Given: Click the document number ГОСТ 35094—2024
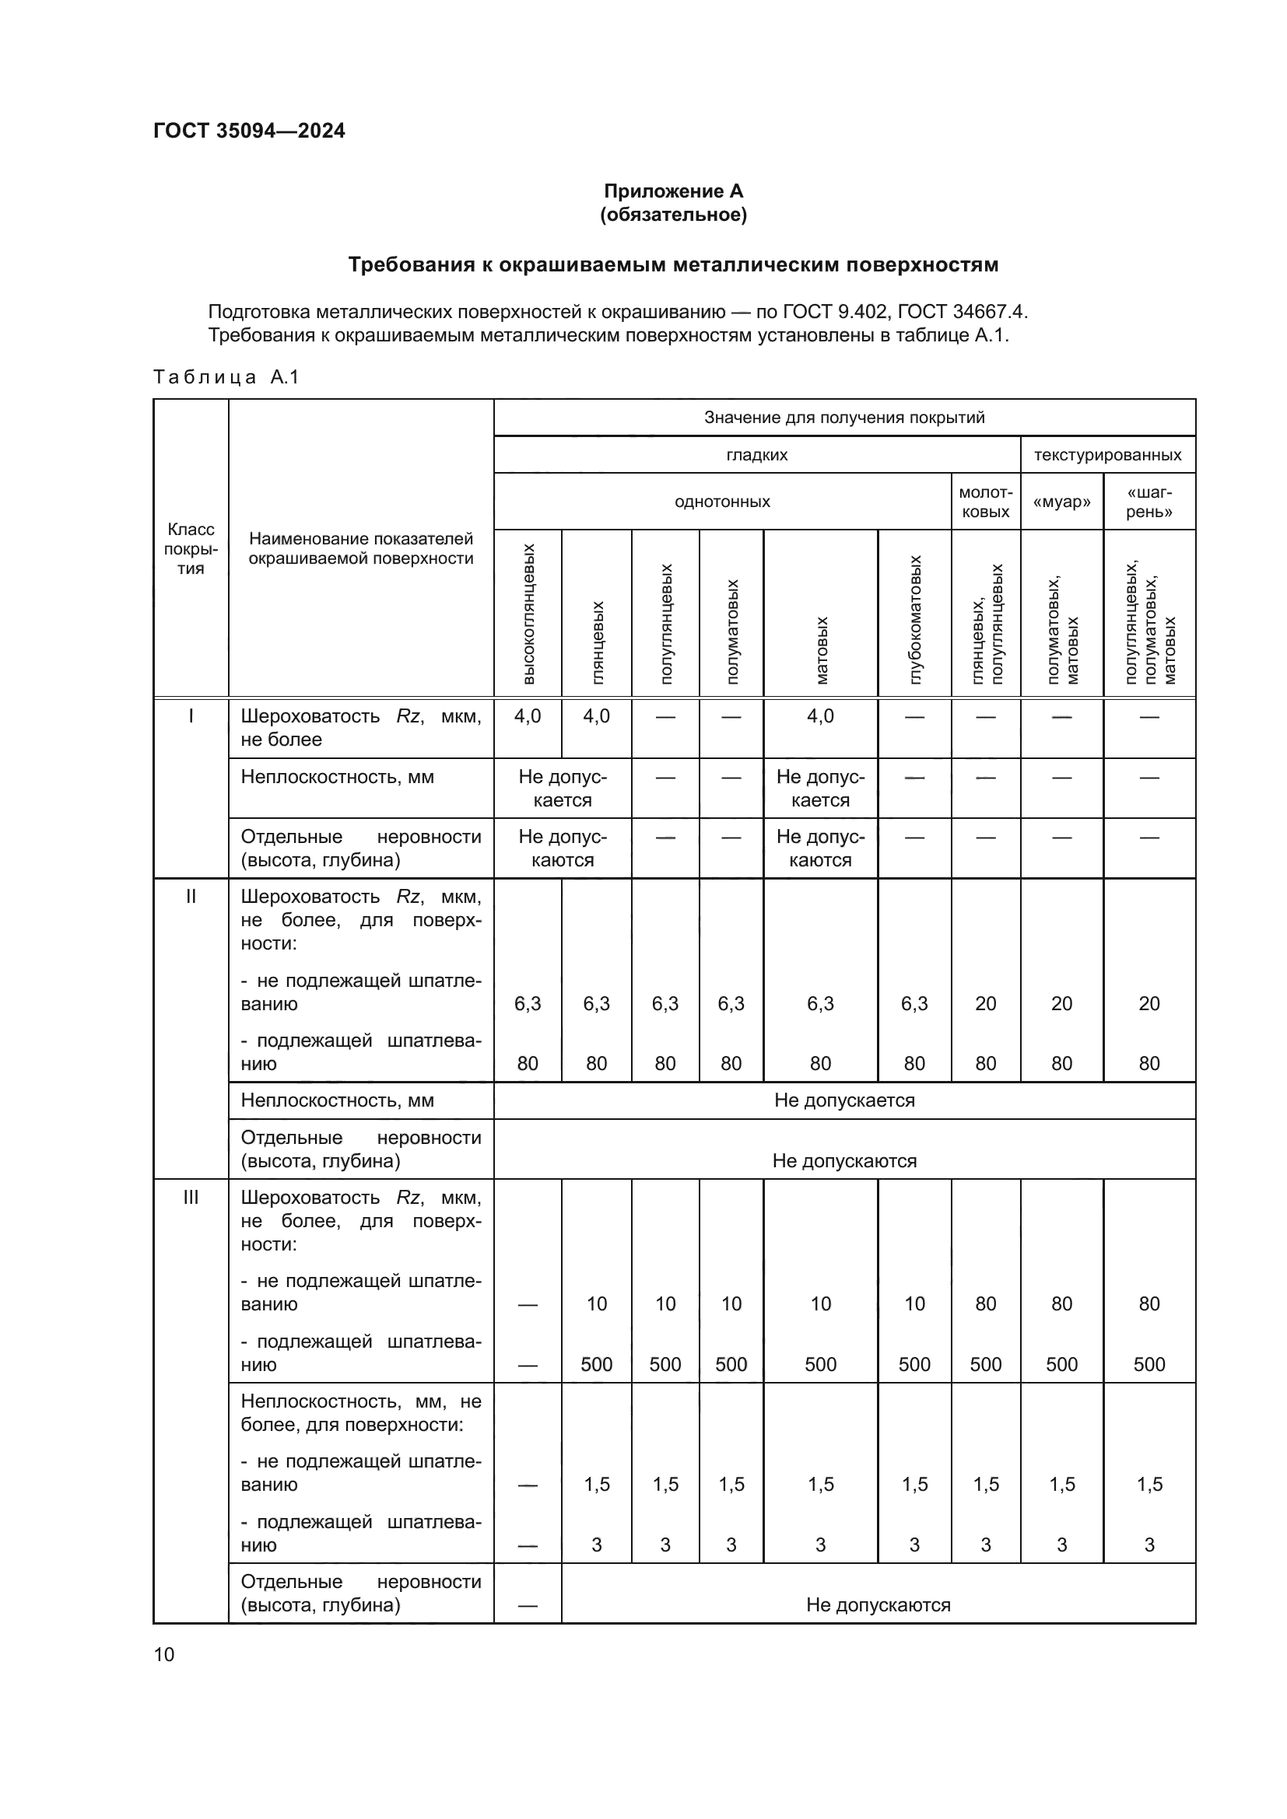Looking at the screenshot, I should pyautogui.click(x=249, y=131).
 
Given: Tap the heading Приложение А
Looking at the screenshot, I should pyautogui.click(x=673, y=191).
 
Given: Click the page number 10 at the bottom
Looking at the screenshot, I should pyautogui.click(x=164, y=1654).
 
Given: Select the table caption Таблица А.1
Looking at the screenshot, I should pyautogui.click(x=226, y=377).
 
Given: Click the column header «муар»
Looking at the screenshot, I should pyautogui.click(x=1061, y=502).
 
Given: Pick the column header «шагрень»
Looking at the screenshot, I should pyautogui.click(x=1148, y=502).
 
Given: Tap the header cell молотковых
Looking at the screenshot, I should pyautogui.click(x=985, y=502).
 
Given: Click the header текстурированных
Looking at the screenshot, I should pyautogui.click(x=1107, y=456).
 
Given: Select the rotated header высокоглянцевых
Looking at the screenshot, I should pyautogui.click(x=528, y=614).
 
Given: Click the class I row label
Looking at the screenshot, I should pyautogui.click(x=190, y=717).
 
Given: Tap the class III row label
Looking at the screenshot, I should pyautogui.click(x=190, y=1198).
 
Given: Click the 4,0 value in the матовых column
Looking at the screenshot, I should pyautogui.click(x=820, y=717).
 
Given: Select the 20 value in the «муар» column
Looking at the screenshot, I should pyautogui.click(x=1061, y=1005).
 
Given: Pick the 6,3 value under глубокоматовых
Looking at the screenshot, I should pyautogui.click(x=914, y=1005).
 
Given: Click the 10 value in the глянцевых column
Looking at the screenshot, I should pyautogui.click(x=597, y=1305).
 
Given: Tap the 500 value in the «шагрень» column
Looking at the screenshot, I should pyautogui.click(x=1148, y=1365).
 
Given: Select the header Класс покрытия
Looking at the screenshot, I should pyautogui.click(x=190, y=549).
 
